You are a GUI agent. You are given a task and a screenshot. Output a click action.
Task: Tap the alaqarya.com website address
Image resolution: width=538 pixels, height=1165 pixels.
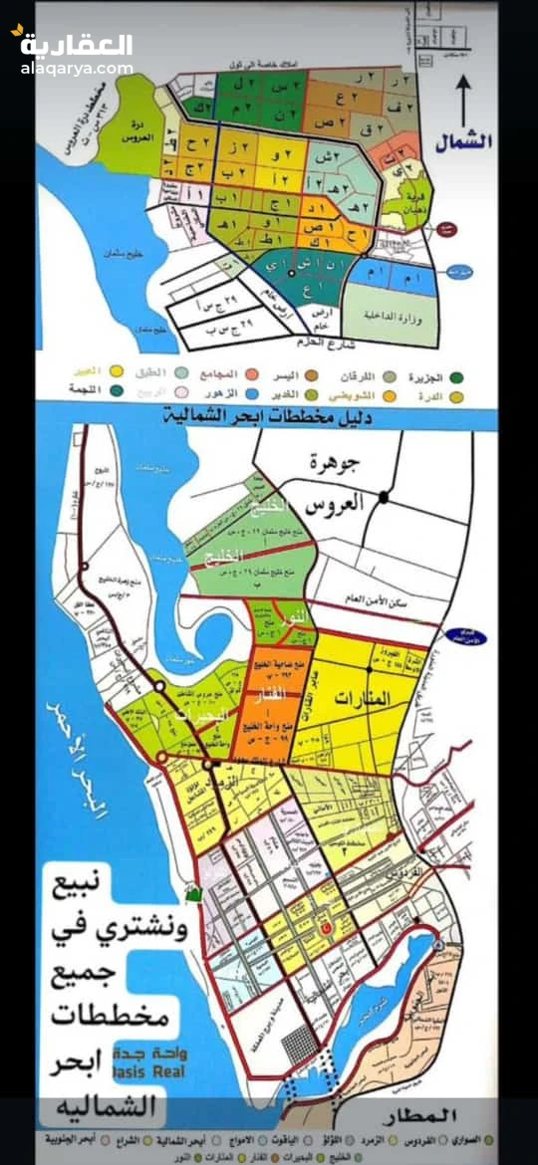76,69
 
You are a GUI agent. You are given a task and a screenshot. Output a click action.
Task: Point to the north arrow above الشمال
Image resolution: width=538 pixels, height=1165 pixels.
463,101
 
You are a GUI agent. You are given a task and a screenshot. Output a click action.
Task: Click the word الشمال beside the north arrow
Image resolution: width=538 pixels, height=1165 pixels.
464,141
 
